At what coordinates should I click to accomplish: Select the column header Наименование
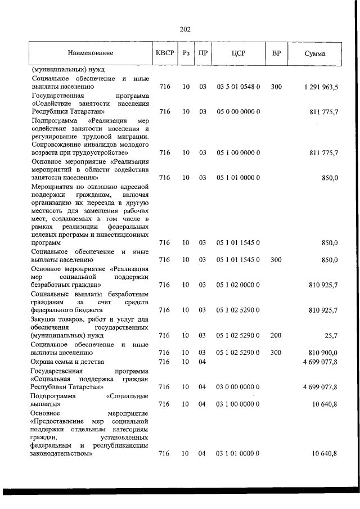[x=91, y=53]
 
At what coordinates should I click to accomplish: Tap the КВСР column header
[x=165, y=53]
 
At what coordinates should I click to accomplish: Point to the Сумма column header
[x=318, y=53]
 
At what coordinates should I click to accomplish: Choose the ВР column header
[x=276, y=53]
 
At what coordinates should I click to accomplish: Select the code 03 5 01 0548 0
[x=238, y=87]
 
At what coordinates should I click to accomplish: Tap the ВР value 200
[x=276, y=336]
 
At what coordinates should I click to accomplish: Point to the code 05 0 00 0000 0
[x=238, y=112]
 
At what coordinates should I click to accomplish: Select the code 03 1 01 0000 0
[x=238, y=453]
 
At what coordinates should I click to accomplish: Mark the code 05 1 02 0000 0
[x=238, y=285]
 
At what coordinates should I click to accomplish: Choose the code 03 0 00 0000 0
[x=238, y=388]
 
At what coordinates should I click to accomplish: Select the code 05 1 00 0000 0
[x=238, y=152]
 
